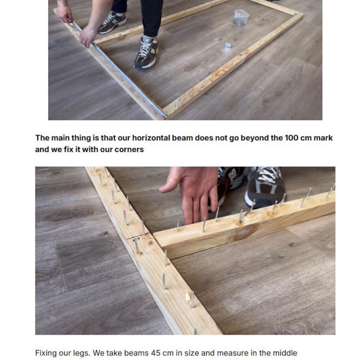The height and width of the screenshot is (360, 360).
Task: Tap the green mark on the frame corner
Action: pos(296,14)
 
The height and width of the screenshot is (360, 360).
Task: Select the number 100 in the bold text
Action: pos(291,138)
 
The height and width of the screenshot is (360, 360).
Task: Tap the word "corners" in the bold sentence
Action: pos(129,149)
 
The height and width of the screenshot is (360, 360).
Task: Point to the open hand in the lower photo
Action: pos(193,193)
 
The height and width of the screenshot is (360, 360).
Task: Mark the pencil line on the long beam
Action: pos(138,237)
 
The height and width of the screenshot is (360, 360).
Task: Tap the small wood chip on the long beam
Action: pos(189,297)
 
